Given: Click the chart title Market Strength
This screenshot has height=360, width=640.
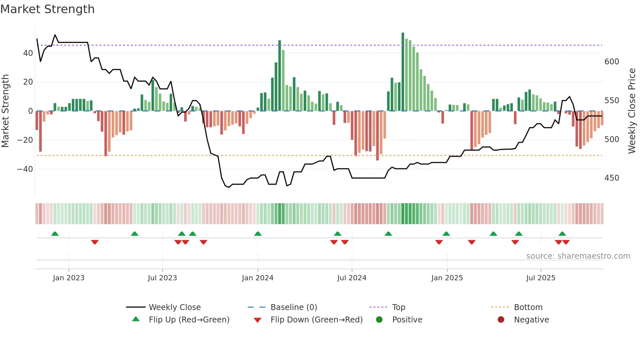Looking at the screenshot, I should coord(47,9).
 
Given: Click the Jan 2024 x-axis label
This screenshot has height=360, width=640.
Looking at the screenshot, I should coord(257,278).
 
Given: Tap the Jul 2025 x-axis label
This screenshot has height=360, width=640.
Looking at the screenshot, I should coord(540,278).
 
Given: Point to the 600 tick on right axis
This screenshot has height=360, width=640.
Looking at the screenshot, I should coord(612,62).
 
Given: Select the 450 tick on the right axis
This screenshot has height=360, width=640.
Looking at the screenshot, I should coord(612,178).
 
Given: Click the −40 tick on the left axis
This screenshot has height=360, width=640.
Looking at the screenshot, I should coord(25,169).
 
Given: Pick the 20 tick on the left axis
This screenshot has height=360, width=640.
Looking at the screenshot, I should coord(28,82).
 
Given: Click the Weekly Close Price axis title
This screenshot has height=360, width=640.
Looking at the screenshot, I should coord(632,111).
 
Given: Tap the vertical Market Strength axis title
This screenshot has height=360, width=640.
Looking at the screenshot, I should coord(5,111).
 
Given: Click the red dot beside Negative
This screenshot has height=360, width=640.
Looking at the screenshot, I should coord(501,319).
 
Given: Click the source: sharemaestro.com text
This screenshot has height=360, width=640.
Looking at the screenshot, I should coord(578,256).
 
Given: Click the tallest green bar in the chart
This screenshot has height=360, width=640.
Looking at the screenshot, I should coord(403,72).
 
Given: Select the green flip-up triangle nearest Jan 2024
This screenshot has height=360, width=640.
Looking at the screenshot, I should coord(258,234).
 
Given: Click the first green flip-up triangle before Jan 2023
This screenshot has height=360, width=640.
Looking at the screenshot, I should coord(55,234).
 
